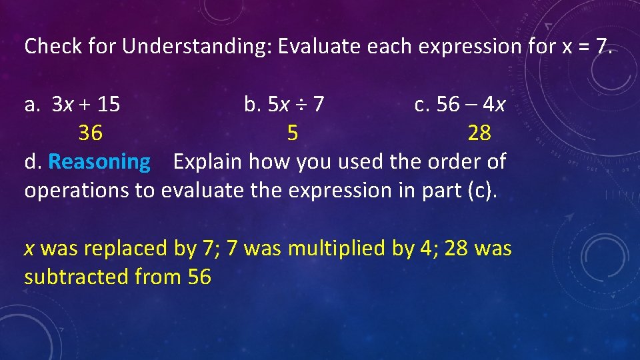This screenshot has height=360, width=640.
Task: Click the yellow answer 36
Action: pos(91,133)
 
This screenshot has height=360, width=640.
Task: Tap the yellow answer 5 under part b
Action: pos(292,133)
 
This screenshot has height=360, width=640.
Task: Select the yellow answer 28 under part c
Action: pos(479,133)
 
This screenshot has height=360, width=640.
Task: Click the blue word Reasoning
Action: pos(99,162)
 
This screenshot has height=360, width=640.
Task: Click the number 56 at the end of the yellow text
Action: pos(199,277)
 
